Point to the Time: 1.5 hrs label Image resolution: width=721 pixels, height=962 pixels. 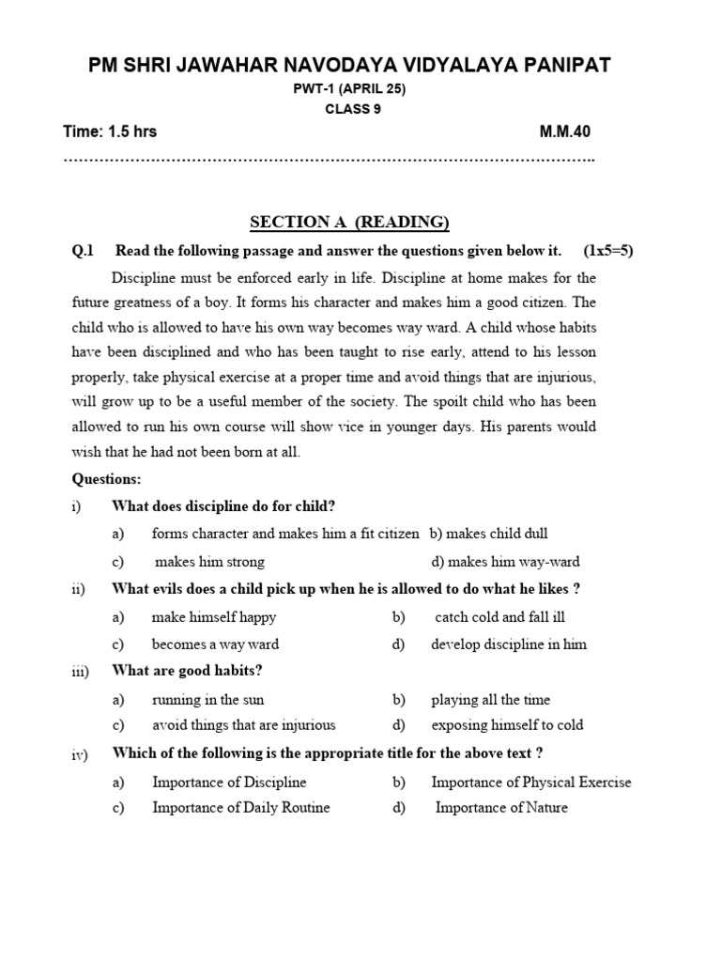(x=110, y=132)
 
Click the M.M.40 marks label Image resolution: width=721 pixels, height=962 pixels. (x=565, y=132)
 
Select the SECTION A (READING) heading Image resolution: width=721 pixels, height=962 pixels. (x=349, y=222)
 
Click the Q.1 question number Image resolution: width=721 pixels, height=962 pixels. (x=84, y=251)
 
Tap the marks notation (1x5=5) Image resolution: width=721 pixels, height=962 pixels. (x=607, y=251)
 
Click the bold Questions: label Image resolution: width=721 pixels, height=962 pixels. (x=106, y=479)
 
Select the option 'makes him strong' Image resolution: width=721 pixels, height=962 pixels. (x=209, y=562)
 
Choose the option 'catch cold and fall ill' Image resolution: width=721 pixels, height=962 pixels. (x=500, y=617)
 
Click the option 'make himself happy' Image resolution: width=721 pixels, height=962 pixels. (x=214, y=617)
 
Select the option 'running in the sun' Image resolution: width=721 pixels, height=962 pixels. (x=207, y=699)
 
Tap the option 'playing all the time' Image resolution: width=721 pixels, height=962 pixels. (x=490, y=699)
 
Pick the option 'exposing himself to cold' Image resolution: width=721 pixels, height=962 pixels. (x=507, y=724)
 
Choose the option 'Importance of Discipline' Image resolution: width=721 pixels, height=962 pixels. (x=229, y=782)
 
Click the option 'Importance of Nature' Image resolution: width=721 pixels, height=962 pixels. (x=501, y=807)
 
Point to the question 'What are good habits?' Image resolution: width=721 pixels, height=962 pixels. (x=187, y=671)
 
